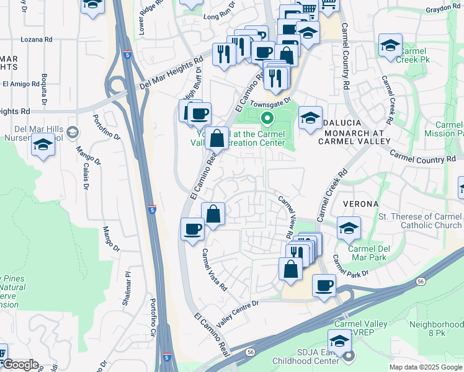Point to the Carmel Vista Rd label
(x=215, y=270)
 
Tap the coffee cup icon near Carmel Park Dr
(x=323, y=286)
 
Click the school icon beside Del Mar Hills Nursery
(x=43, y=145)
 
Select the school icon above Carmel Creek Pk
(x=390, y=45)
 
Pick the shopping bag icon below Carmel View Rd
(x=291, y=269)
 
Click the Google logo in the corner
(x=20, y=365)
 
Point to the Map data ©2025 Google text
(x=426, y=367)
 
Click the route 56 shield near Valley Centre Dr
(x=249, y=352)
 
